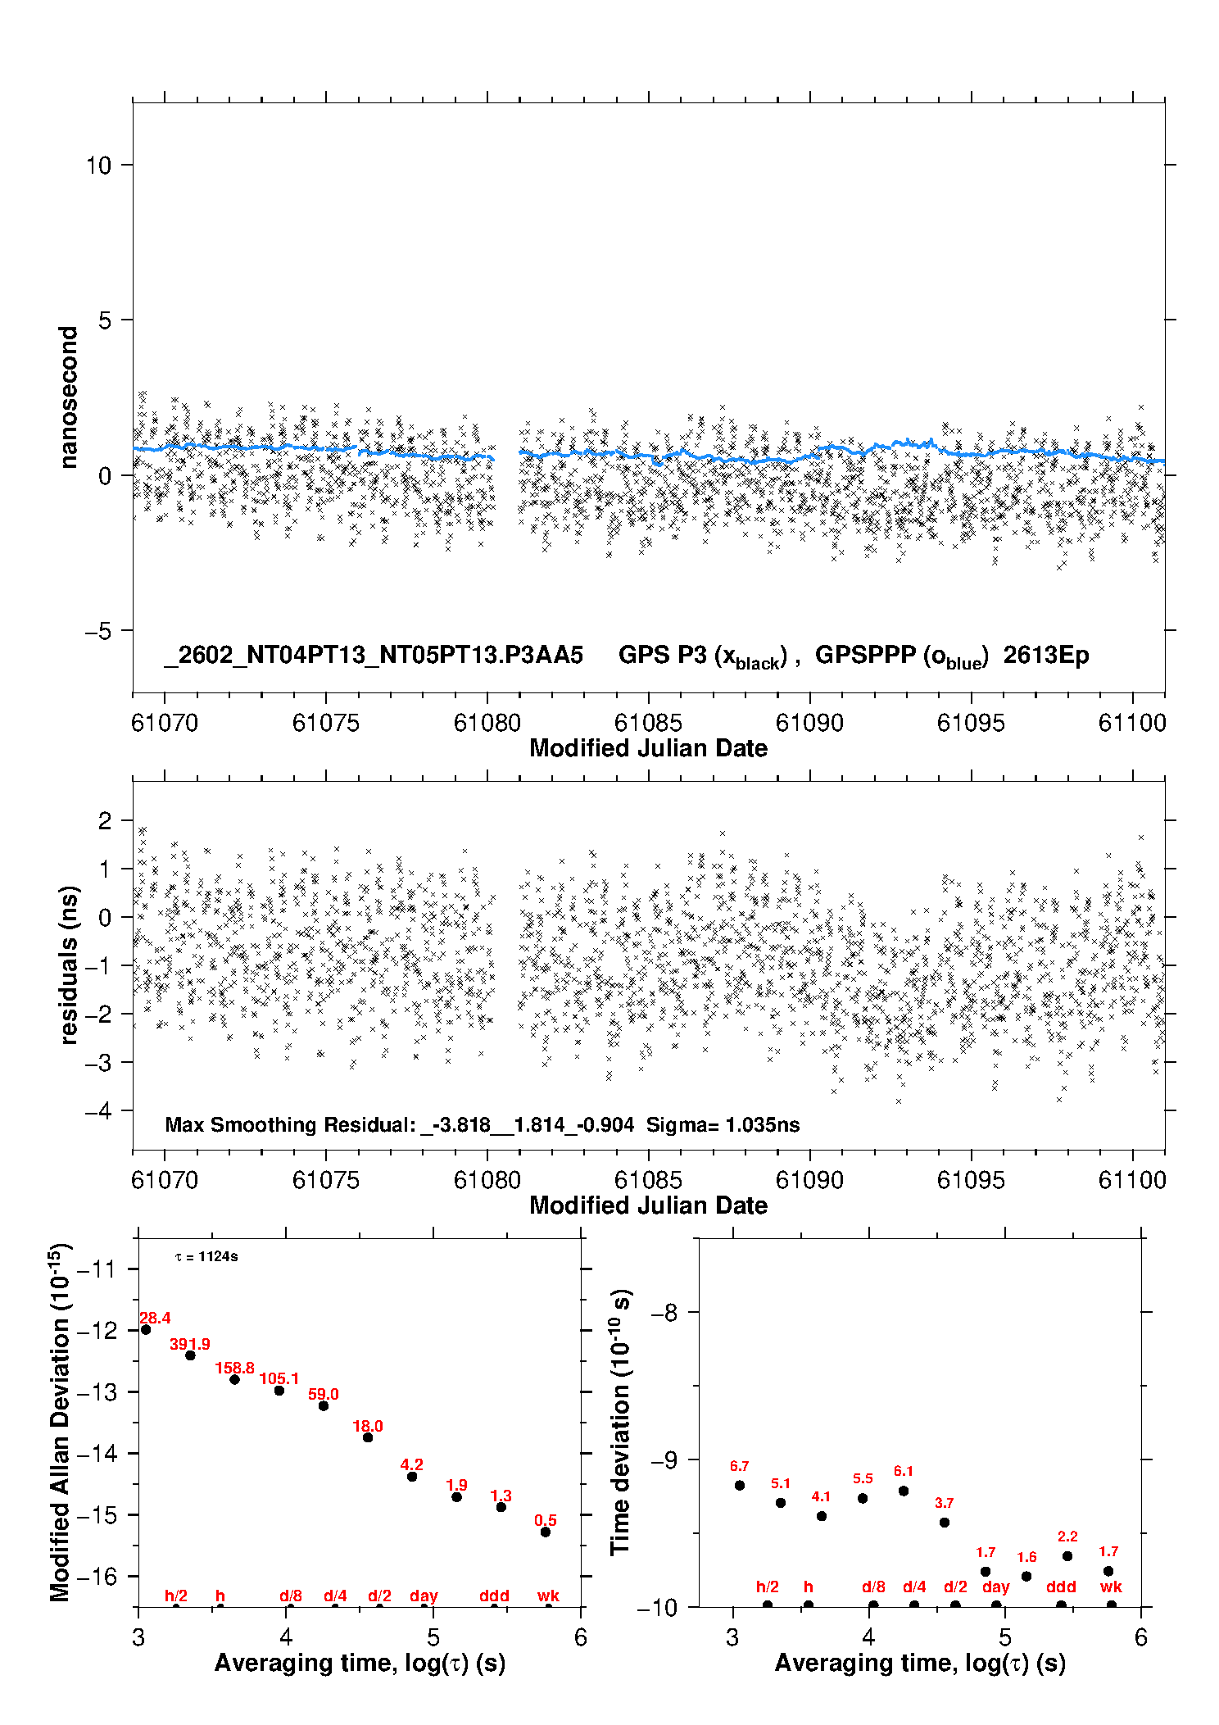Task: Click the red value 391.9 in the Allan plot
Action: (x=189, y=1344)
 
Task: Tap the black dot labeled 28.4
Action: (x=146, y=1329)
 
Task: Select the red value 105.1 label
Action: (x=279, y=1378)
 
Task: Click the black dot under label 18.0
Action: (x=368, y=1437)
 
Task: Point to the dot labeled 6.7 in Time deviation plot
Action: (x=740, y=1485)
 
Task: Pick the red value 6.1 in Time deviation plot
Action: (x=904, y=1471)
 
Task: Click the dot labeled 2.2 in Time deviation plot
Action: (x=1067, y=1556)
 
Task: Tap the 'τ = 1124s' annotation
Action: (x=206, y=1257)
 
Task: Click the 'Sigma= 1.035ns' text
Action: (x=723, y=1124)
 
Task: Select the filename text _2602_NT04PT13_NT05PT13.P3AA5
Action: (x=374, y=655)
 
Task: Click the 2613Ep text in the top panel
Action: (x=1046, y=655)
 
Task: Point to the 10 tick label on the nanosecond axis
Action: (x=98, y=166)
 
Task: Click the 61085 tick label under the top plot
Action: (x=648, y=723)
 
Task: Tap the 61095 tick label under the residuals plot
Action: (x=971, y=1180)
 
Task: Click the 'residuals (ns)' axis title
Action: (x=69, y=965)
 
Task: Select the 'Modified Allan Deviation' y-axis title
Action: (x=59, y=1423)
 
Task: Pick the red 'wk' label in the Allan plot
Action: (x=548, y=1596)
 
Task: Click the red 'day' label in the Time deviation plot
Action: (x=995, y=1587)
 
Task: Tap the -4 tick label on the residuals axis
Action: (x=98, y=1111)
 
